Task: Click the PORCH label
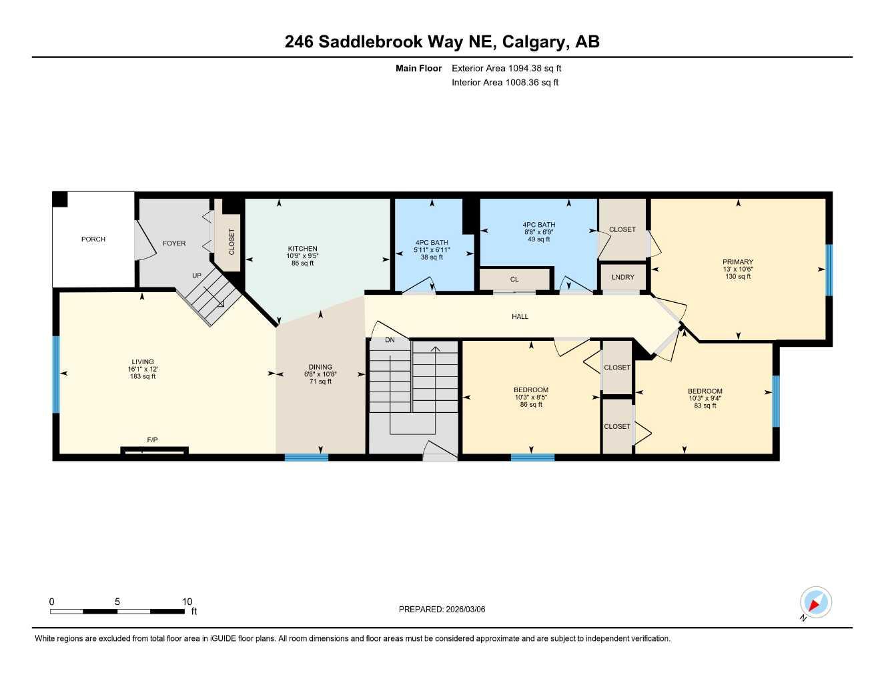tap(93, 239)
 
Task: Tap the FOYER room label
tap(174, 243)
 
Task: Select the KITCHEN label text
tap(302, 249)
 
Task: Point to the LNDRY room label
tap(622, 277)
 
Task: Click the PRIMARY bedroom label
tap(737, 262)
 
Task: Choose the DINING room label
tap(320, 367)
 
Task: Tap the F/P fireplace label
tap(152, 440)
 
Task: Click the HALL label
tap(520, 317)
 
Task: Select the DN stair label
tap(390, 340)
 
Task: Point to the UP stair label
tap(197, 275)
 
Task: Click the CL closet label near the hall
tap(514, 279)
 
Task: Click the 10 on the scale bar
tap(187, 602)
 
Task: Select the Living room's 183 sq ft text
tap(143, 377)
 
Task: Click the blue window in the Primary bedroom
tap(829, 270)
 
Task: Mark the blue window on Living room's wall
tap(57, 374)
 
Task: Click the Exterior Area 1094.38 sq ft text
tap(506, 68)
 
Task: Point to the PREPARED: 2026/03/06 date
tap(442, 609)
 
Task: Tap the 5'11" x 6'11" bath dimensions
tap(432, 250)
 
